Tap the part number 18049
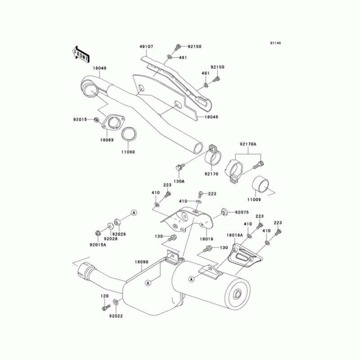[99, 68]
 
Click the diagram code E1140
[275, 43]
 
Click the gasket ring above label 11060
[130, 134]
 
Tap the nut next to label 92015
[97, 120]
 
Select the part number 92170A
[248, 144]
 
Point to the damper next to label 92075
[223, 211]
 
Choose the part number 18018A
[234, 235]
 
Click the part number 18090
[141, 261]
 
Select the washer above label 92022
[117, 301]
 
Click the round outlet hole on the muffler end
[237, 295]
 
